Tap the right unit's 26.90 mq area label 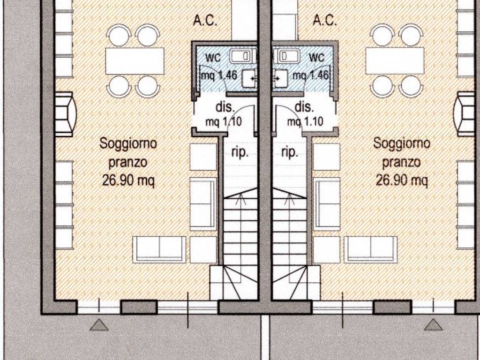click(x=401, y=180)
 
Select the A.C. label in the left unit click(x=205, y=21)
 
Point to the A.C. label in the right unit click(x=325, y=21)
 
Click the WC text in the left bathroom click(x=213, y=58)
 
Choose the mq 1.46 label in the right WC click(x=310, y=75)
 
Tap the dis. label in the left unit click(x=225, y=107)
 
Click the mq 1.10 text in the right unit click(x=305, y=121)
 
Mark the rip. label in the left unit click(x=240, y=152)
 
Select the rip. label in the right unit click(x=289, y=152)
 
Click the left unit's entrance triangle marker click(x=99, y=325)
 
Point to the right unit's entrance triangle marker click(x=433, y=325)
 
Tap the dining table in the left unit click(x=135, y=60)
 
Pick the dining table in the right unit click(x=395, y=60)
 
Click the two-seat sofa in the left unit click(x=159, y=249)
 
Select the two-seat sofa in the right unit click(x=370, y=249)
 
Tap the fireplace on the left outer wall click(x=65, y=114)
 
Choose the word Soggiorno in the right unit click(x=402, y=143)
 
